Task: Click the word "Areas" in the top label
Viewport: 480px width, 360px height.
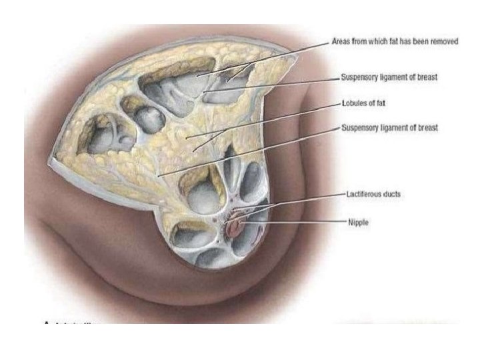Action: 341,41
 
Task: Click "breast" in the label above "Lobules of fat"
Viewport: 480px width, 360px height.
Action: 427,77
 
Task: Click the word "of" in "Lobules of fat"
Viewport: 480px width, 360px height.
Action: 373,103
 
